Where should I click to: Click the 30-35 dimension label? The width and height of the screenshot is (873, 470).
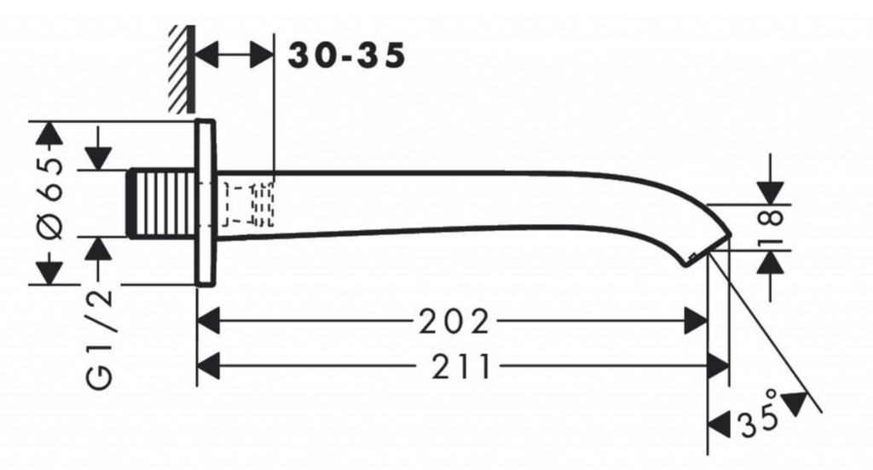[x=345, y=56]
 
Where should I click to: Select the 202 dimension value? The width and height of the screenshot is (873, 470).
[x=454, y=322]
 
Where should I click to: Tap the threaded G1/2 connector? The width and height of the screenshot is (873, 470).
[x=162, y=203]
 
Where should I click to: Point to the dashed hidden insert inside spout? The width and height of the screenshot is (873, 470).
[x=248, y=205]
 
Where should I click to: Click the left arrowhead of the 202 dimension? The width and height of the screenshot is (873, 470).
[x=209, y=322]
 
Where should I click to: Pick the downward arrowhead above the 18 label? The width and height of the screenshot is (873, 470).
[x=771, y=193]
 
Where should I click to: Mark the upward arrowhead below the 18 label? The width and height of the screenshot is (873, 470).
[x=771, y=262]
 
